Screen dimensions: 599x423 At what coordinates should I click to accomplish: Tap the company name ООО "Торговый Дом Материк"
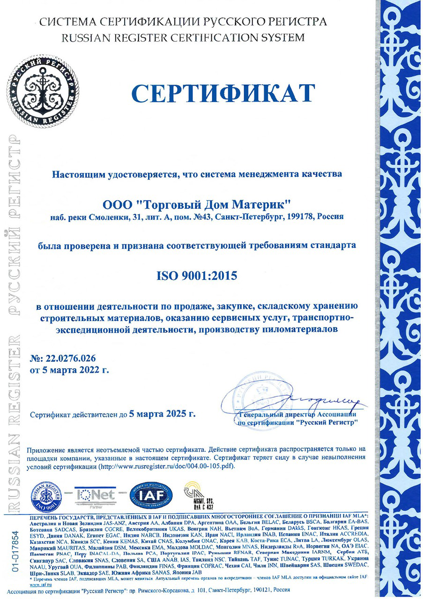[197, 205]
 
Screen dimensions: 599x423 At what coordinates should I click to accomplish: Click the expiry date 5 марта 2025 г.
[163, 414]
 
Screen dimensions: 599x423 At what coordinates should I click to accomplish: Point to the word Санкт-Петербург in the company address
[264, 217]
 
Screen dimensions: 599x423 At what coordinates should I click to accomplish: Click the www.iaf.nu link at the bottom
[40, 585]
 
